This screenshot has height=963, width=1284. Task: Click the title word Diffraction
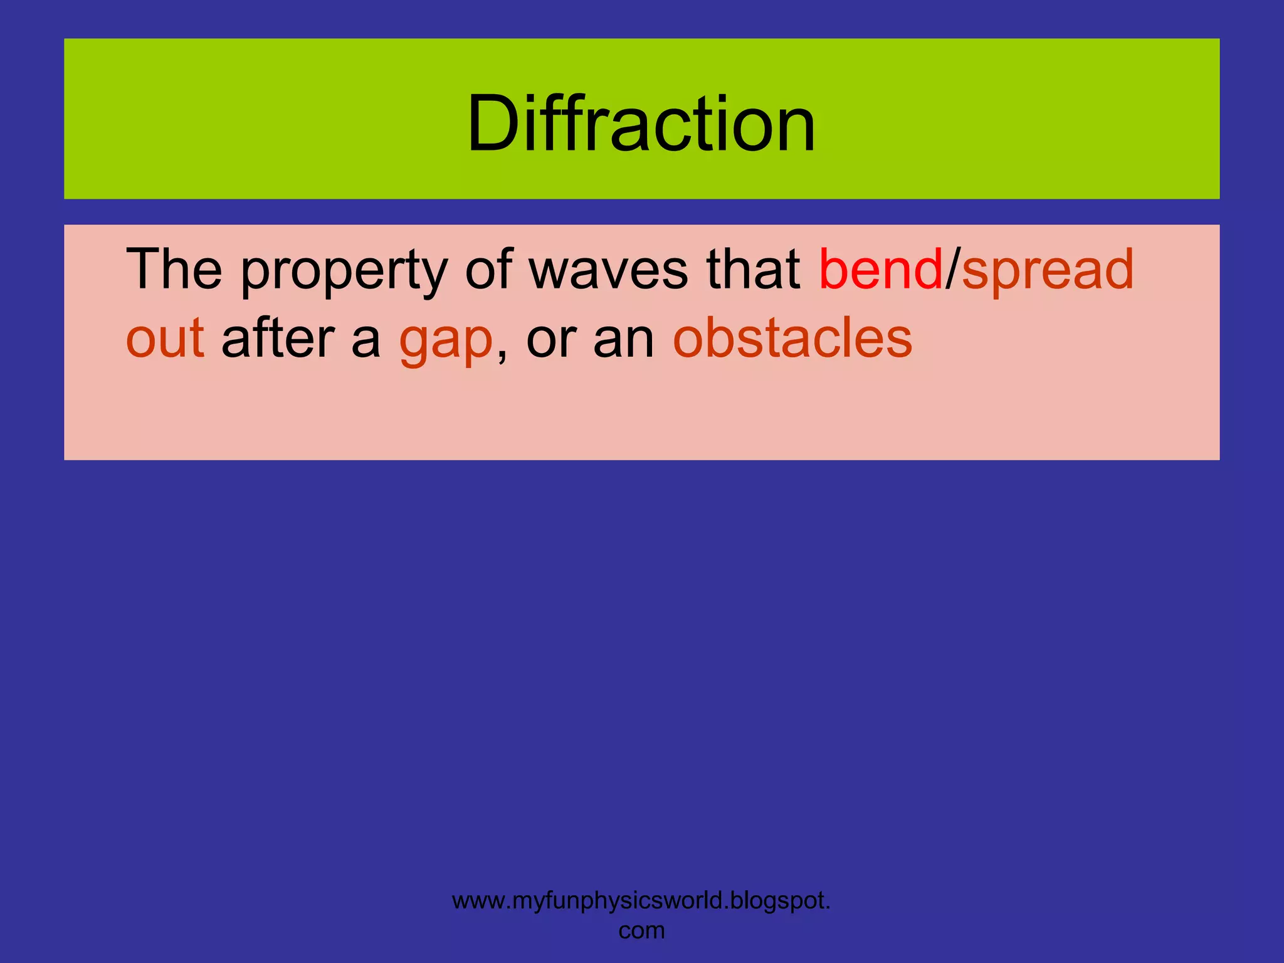coord(641,124)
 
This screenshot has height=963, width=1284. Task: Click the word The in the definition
coord(174,270)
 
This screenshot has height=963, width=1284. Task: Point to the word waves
coord(608,271)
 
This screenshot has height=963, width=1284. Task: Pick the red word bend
coord(880,270)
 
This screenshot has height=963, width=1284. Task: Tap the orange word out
coord(165,339)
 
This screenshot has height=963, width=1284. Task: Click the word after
coord(278,339)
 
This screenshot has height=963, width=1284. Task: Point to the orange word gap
coord(446,342)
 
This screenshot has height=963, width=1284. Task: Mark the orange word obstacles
coord(792,339)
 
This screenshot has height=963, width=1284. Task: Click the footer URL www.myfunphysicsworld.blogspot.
coord(641,902)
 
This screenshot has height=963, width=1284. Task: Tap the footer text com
coord(641,931)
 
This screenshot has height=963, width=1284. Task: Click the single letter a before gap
coord(366,342)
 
